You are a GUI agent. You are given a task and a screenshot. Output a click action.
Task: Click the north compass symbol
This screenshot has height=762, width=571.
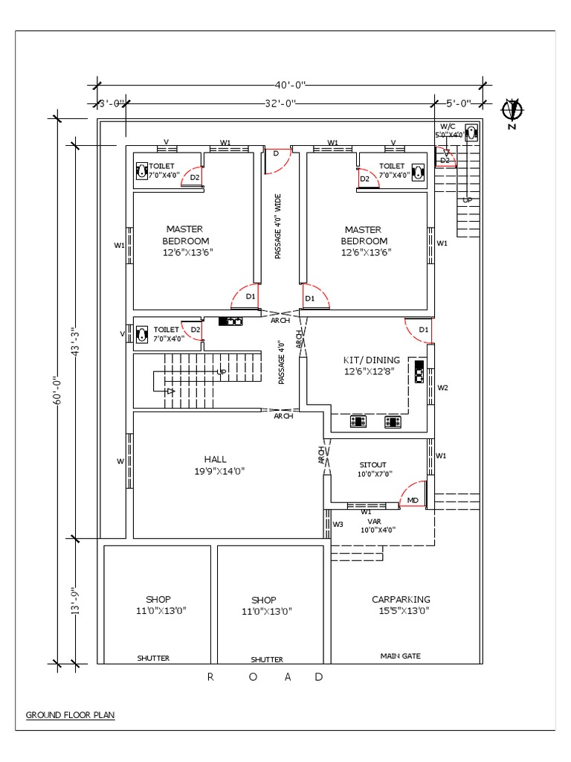[x=511, y=112]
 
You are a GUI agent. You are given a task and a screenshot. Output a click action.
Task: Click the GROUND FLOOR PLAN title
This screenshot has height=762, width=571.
[x=71, y=715]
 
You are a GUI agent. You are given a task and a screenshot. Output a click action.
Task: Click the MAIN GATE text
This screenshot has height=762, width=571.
[x=401, y=656]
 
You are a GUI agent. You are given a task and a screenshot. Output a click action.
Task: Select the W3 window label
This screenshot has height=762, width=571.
[x=338, y=524]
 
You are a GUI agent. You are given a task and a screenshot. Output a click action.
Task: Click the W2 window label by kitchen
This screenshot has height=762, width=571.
[x=442, y=388]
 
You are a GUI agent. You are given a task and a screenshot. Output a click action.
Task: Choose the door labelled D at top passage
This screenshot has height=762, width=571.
[x=276, y=153]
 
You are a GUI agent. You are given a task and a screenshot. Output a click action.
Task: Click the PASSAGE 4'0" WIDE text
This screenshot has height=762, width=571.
[x=279, y=226]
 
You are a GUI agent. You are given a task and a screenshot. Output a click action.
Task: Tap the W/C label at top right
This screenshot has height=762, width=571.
[x=446, y=127]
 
